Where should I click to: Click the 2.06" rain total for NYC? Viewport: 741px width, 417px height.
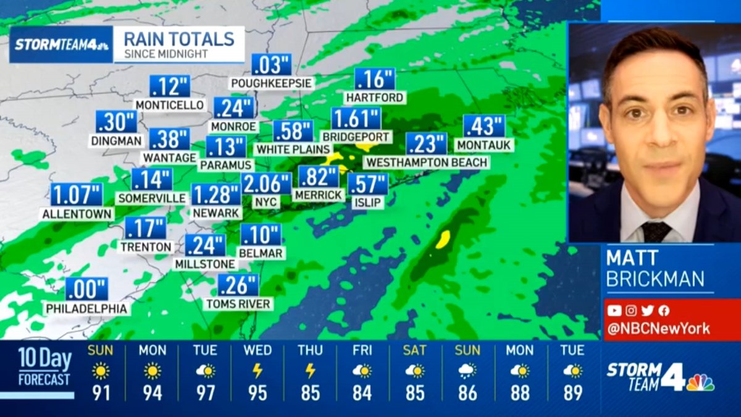[x=266, y=183]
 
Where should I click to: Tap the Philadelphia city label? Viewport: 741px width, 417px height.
[x=86, y=308]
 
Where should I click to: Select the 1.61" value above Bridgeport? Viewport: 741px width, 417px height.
[x=356, y=118]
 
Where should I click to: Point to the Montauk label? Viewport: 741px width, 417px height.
[x=484, y=145]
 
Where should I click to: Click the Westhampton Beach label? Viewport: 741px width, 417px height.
[x=426, y=162]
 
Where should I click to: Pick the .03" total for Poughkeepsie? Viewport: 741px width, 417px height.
[x=271, y=65]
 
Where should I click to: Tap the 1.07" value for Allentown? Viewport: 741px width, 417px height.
[x=76, y=195]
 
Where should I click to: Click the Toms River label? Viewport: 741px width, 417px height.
[x=238, y=303]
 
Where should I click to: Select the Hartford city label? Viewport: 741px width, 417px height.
[x=374, y=98]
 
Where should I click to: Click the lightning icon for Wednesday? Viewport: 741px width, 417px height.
[x=257, y=371]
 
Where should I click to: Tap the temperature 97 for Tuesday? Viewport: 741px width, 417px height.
[x=205, y=393]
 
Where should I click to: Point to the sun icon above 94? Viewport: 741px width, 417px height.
[x=153, y=371]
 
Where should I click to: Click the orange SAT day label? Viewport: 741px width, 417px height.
[x=414, y=350]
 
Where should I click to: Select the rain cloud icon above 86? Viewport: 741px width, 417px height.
[x=467, y=371]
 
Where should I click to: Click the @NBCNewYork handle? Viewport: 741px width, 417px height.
[x=658, y=329]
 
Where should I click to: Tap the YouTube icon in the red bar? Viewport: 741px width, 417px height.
[x=614, y=311]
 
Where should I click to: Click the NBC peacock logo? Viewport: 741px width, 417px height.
[x=700, y=382]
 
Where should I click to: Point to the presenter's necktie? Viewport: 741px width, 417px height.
[x=655, y=232]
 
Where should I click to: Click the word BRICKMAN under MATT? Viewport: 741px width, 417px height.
[x=655, y=279]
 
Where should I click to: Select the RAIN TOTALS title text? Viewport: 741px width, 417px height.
[x=179, y=39]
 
